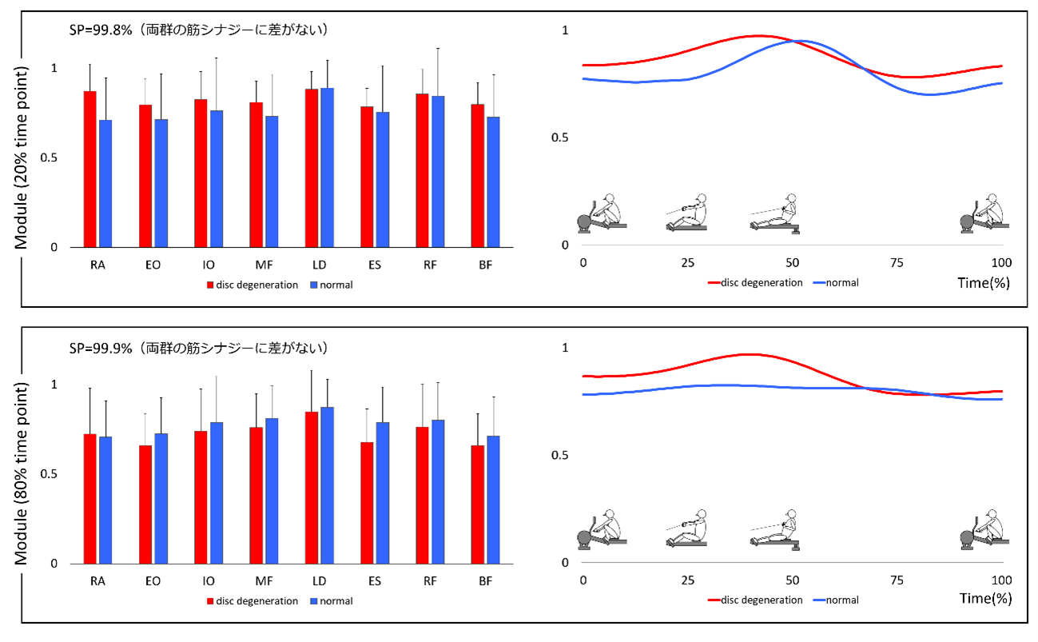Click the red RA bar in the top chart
[x=89, y=169]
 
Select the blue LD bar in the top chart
[x=327, y=168]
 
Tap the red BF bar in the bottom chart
[x=477, y=504]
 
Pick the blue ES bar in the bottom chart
[x=382, y=492]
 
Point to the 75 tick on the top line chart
[x=897, y=263]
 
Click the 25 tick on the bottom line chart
[x=687, y=579]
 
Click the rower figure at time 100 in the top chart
[x=984, y=214]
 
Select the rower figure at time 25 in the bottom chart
[x=687, y=528]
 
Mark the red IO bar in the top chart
[x=200, y=173]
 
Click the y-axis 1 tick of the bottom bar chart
[x=55, y=385]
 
